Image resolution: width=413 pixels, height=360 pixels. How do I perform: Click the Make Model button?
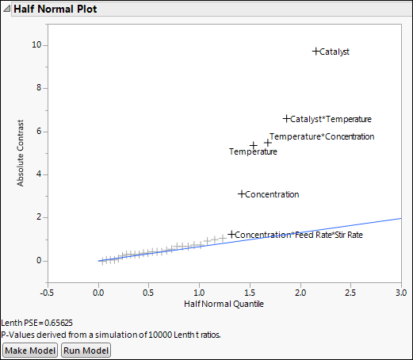[30, 350]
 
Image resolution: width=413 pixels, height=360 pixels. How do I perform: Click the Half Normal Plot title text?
[54, 10]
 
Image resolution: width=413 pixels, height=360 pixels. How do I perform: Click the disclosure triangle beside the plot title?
[7, 10]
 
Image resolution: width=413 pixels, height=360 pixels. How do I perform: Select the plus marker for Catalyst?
[315, 51]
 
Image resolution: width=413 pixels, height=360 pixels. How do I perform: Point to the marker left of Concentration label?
[242, 193]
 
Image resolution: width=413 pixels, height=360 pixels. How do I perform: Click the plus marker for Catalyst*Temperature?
[287, 119]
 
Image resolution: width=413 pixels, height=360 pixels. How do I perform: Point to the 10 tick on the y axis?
[36, 45]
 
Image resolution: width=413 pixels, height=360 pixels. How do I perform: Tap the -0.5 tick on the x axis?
[48, 291]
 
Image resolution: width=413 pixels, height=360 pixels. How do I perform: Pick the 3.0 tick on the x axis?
[401, 291]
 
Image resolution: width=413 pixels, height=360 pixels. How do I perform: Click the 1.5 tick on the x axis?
[250, 291]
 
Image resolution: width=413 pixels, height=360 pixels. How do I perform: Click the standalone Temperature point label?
[253, 151]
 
